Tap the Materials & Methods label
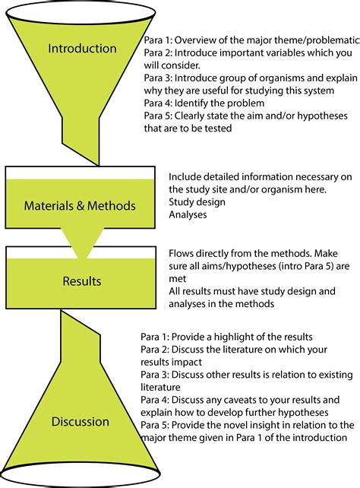point(80,205)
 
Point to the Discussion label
point(81,421)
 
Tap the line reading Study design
point(196,201)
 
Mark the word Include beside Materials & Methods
point(186,176)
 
